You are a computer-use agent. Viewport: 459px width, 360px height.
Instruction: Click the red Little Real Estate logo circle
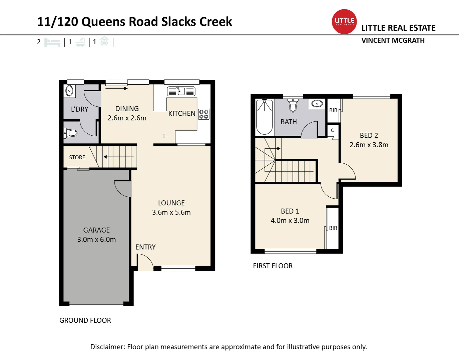[x=344, y=22]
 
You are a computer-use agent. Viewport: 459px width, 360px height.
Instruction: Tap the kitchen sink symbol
[x=181, y=91]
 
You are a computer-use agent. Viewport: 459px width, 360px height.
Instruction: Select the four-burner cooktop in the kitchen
[x=204, y=114]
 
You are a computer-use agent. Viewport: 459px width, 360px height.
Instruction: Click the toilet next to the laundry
[x=70, y=133]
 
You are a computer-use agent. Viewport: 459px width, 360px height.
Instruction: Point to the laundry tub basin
[x=69, y=91]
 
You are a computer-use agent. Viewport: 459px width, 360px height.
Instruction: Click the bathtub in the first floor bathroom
[x=264, y=117]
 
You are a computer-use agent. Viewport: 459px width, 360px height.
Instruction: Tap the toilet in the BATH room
[x=293, y=106]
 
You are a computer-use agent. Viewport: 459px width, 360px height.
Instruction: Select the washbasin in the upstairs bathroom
[x=317, y=104]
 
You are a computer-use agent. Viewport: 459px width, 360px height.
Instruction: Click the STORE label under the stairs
[x=77, y=157]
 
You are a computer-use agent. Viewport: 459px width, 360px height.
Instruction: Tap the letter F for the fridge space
[x=164, y=136]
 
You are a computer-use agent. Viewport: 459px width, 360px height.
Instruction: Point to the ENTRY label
[x=145, y=247]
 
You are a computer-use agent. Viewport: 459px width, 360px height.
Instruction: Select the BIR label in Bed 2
[x=333, y=110]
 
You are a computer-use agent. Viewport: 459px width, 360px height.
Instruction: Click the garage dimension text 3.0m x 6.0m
[x=96, y=240]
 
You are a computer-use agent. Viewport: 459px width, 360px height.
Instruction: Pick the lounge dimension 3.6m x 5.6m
[x=171, y=212]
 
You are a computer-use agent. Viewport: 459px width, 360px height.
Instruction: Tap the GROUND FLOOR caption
[x=85, y=320]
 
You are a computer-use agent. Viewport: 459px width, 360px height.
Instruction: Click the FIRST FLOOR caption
[x=273, y=266]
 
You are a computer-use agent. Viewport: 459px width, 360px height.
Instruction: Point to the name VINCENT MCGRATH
[x=393, y=40]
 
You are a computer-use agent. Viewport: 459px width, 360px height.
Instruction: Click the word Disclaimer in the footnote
[x=108, y=347]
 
